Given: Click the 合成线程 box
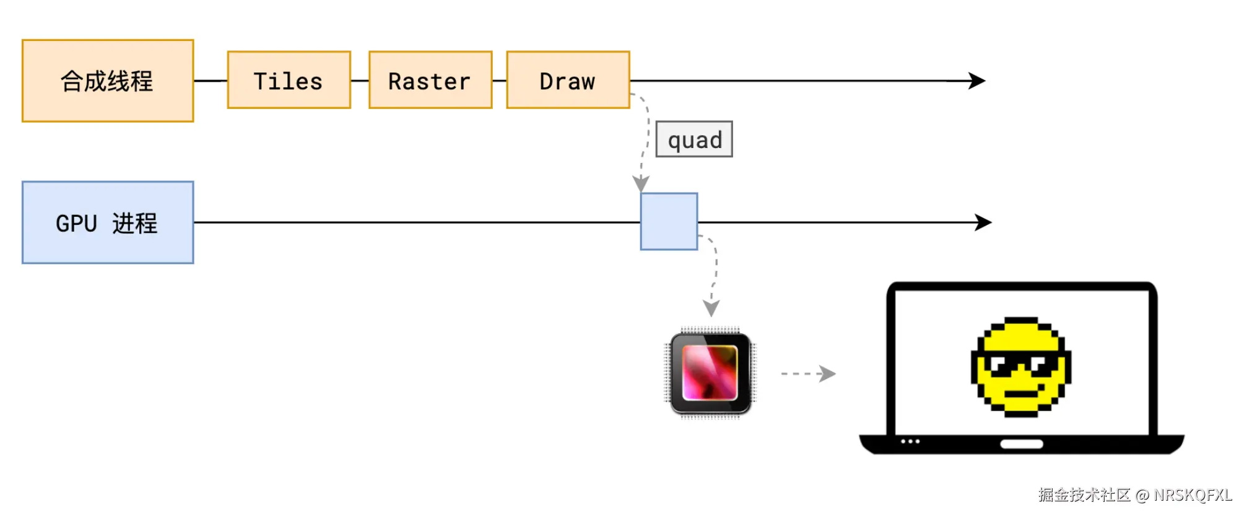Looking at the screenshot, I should [x=108, y=81].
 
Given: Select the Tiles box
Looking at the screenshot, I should [x=289, y=81].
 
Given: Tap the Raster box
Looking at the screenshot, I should [x=430, y=81].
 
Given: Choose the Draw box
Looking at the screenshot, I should [x=568, y=81].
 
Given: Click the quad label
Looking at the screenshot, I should [x=694, y=139].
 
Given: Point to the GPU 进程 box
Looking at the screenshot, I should [x=108, y=222].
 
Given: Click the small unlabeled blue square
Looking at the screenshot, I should [x=669, y=222].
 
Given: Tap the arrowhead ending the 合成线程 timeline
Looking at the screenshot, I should [x=978, y=81].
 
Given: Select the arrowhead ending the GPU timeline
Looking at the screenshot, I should [x=983, y=222].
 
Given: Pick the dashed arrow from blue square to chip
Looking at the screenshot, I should [x=715, y=273].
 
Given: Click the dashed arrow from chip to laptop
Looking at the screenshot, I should [x=808, y=374].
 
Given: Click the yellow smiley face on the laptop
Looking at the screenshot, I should [x=1020, y=367].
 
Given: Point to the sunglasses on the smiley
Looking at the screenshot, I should [x=1020, y=363].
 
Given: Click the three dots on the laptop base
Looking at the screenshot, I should [x=910, y=442].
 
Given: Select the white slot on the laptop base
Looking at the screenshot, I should [x=1022, y=444].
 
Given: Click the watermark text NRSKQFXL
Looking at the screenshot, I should [x=1193, y=495].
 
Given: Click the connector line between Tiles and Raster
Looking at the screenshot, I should [x=360, y=81].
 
